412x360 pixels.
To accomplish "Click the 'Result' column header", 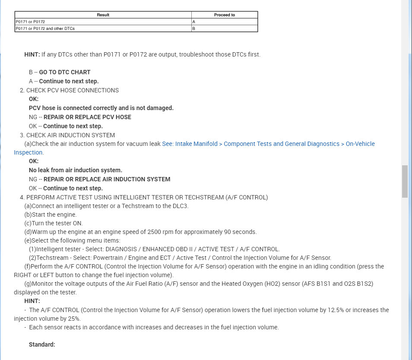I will (103, 15).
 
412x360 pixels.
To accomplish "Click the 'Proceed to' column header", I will (225, 15).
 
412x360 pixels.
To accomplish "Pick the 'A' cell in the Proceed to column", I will (194, 21).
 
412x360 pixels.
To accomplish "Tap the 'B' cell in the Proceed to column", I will (194, 28).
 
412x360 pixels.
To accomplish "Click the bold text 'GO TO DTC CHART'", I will (65, 72).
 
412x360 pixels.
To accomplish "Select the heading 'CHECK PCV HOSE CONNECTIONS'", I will (73, 90).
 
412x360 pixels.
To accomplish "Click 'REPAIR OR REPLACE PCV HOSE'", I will (87, 117).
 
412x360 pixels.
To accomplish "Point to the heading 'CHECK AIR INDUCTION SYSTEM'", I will (70, 135).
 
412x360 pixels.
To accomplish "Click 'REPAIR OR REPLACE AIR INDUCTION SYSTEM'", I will (107, 179).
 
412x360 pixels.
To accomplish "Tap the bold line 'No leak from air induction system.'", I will (76, 170).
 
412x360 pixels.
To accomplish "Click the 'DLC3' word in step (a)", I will (180, 206).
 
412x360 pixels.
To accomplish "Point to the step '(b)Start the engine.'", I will (51, 215).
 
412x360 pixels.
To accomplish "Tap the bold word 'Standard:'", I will (42, 344).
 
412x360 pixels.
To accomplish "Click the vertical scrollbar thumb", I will (405, 181).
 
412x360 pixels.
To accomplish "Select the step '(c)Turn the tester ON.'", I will (54, 223).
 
